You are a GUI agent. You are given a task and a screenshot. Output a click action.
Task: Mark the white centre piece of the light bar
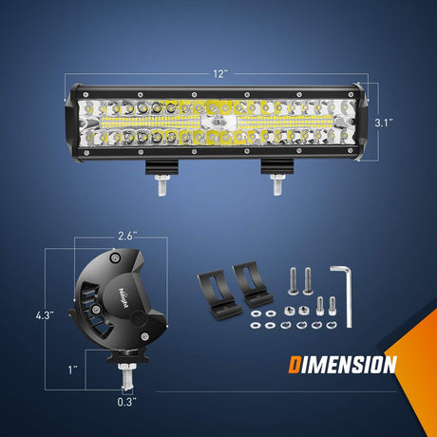pyautogui.click(x=219, y=123)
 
